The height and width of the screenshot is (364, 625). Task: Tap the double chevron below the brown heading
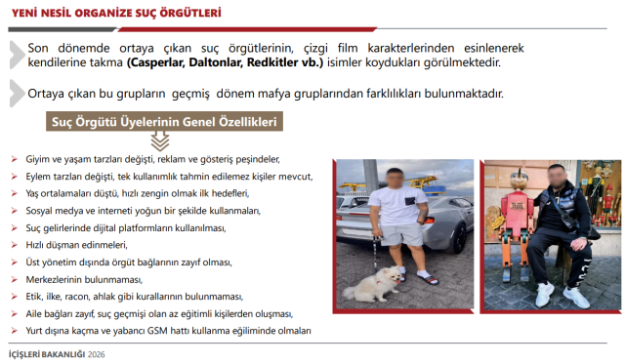point(146,142)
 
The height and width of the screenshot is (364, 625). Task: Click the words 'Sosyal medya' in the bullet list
point(50,210)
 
